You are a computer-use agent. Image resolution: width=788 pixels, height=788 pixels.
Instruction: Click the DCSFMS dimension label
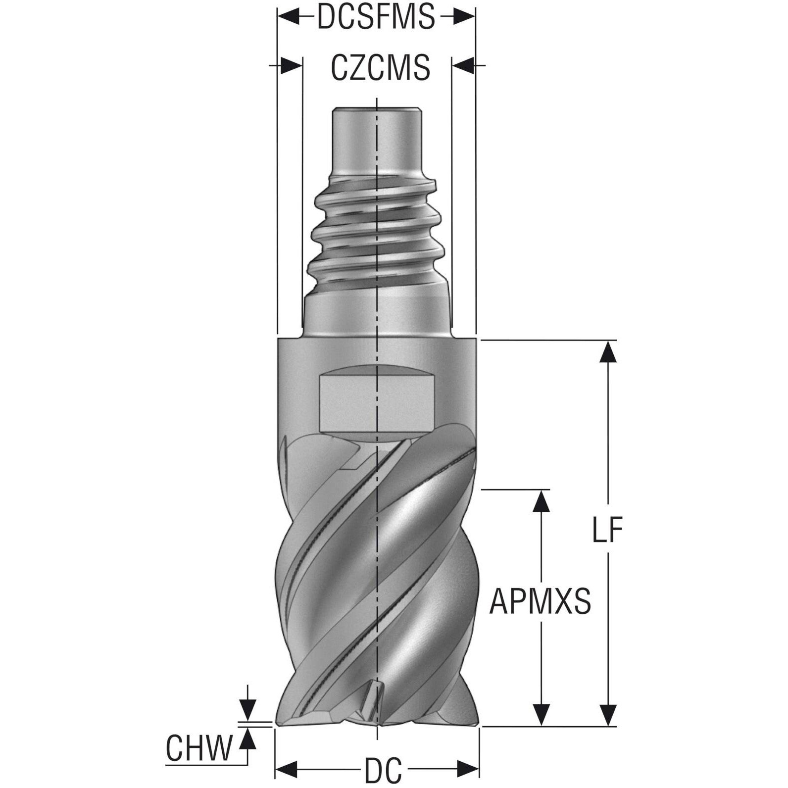pos(376,17)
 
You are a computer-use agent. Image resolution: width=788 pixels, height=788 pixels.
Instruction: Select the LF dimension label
pos(606,531)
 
